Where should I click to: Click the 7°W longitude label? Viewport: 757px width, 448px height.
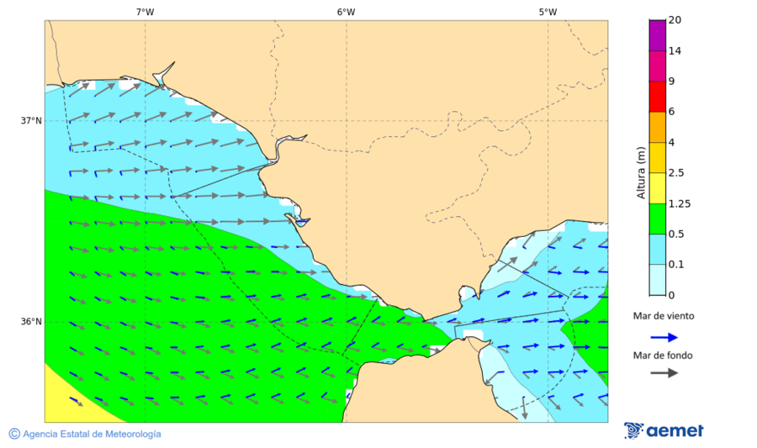pyautogui.click(x=145, y=12)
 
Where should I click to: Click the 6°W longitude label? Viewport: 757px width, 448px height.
pyautogui.click(x=346, y=12)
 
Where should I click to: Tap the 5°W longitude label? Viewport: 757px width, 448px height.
pyautogui.click(x=548, y=12)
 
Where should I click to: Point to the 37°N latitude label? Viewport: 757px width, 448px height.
pyautogui.click(x=31, y=120)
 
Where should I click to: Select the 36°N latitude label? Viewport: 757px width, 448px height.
pyautogui.click(x=31, y=321)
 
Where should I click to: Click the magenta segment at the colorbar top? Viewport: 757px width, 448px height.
pyautogui.click(x=658, y=34)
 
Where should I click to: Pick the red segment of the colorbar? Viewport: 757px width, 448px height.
pyautogui.click(x=658, y=96)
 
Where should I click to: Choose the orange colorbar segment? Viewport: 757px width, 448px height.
pyautogui.click(x=658, y=127)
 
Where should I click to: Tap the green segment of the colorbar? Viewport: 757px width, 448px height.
pyautogui.click(x=658, y=219)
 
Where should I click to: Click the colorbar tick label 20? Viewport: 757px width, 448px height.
pyautogui.click(x=675, y=20)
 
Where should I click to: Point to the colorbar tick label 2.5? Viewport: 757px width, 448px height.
pyautogui.click(x=676, y=173)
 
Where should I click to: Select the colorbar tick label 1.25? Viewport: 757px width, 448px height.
pyautogui.click(x=679, y=203)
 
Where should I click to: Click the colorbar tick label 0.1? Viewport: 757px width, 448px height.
pyautogui.click(x=676, y=265)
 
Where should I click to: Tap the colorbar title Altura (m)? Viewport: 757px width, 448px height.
pyautogui.click(x=641, y=172)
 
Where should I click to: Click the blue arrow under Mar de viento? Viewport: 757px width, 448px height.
pyautogui.click(x=664, y=338)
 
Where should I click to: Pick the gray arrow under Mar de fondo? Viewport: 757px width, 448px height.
pyautogui.click(x=664, y=372)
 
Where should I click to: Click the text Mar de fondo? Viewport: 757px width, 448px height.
pyautogui.click(x=664, y=356)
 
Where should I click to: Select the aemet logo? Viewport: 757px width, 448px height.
pyautogui.click(x=664, y=430)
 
